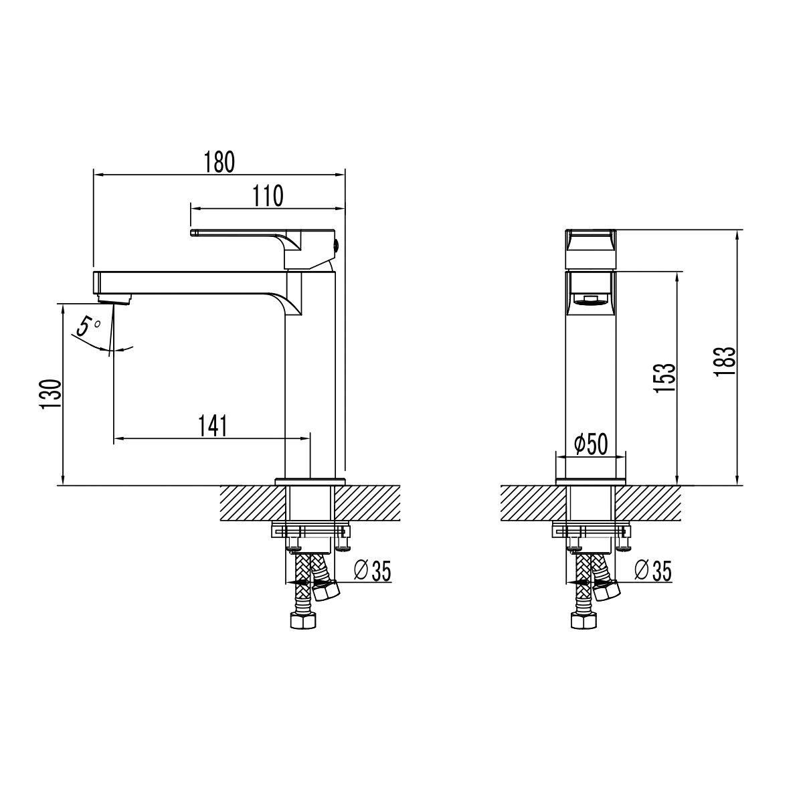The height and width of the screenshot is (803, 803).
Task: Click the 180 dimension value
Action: tap(220, 162)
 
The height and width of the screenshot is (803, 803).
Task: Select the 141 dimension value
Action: tap(213, 426)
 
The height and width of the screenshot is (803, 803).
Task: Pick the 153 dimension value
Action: tap(664, 378)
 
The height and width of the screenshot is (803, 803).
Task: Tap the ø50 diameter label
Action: tap(591, 443)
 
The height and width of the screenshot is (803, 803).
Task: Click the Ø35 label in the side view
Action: tap(371, 571)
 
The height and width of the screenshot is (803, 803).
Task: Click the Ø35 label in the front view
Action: tap(652, 571)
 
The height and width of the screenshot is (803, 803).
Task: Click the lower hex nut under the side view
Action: tap(302, 620)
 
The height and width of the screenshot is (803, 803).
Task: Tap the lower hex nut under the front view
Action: tap(583, 620)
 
